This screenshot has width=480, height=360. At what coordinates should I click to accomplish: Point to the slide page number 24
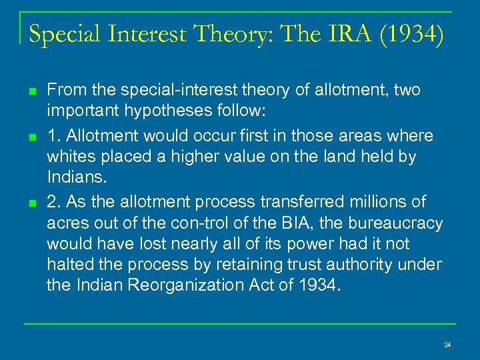click(x=447, y=345)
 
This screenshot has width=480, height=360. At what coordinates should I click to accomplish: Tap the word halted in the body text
click(x=67, y=265)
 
